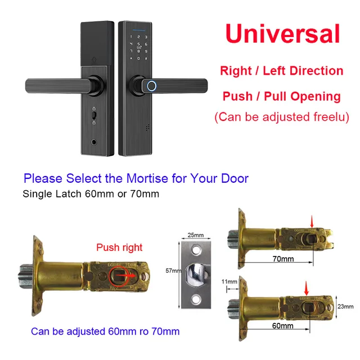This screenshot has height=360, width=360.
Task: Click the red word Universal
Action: [283, 33]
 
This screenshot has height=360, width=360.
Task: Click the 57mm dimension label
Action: [174, 271]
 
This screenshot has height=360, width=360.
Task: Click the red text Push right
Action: [119, 247]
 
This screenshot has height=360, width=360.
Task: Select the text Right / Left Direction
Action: [282, 71]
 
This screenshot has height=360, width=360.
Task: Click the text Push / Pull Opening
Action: [281, 96]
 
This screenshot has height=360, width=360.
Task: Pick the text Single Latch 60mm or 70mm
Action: [91, 194]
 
